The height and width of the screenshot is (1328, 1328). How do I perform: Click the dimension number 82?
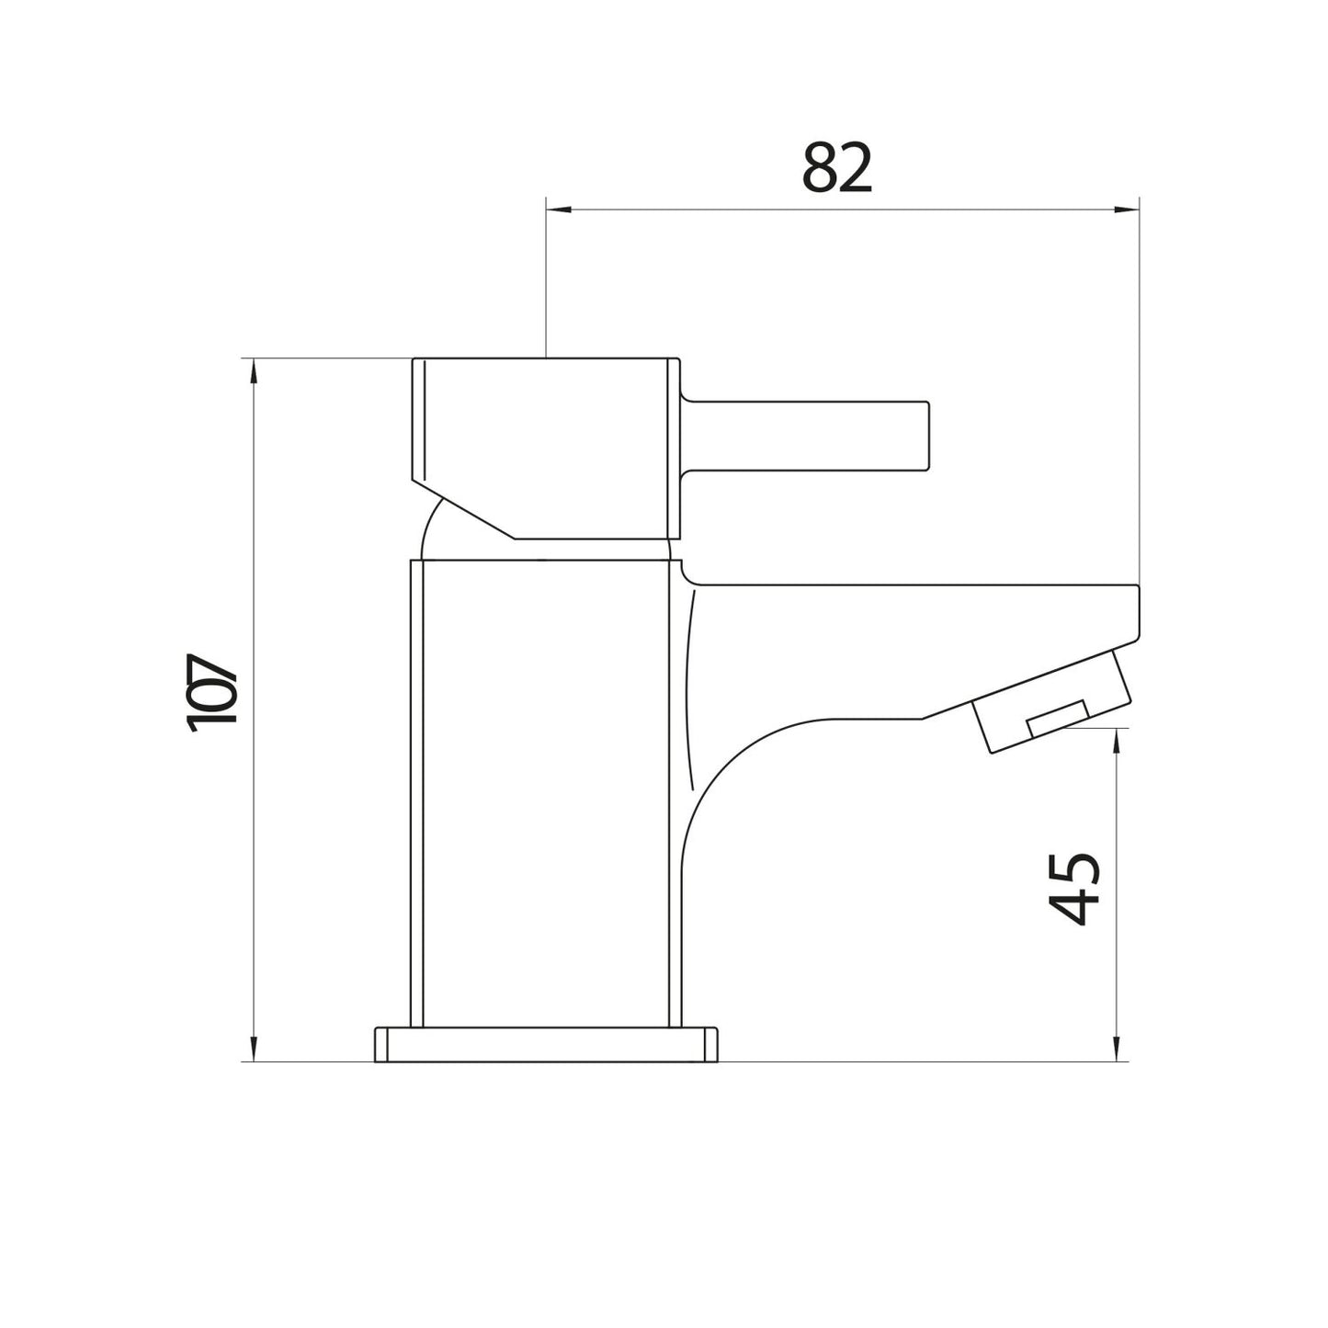(836, 168)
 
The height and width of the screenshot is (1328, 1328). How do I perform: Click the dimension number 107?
(213, 693)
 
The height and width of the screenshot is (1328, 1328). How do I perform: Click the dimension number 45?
(1073, 888)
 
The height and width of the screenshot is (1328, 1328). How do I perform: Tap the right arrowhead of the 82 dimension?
(1127, 210)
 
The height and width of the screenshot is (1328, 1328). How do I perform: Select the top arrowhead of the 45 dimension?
(1117, 741)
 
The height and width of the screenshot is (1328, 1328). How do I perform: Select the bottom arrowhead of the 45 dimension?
(1117, 1050)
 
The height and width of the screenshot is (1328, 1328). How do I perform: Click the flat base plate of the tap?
(545, 1045)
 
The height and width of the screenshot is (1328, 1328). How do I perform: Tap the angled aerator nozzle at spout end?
(1057, 703)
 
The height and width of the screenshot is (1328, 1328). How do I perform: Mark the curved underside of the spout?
(735, 763)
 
